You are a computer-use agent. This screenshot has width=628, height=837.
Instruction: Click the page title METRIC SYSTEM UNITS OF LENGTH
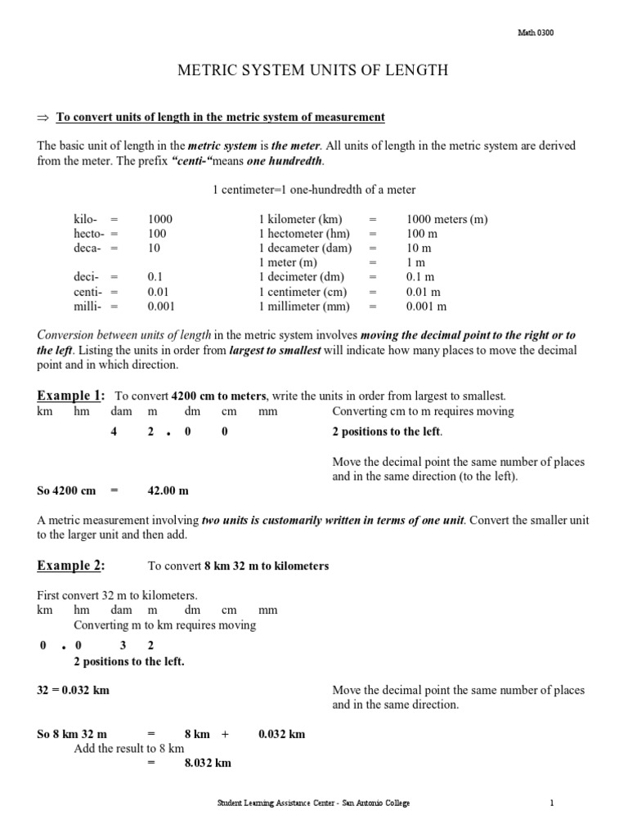pos(313,71)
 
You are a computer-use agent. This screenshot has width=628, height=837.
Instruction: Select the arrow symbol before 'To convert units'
pos(44,118)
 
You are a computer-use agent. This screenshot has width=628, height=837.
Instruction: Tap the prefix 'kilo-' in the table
pos(86,219)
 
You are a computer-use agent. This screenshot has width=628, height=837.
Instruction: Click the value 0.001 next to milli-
pos(161,307)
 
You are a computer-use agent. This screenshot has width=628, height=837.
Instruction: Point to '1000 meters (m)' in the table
pos(446,219)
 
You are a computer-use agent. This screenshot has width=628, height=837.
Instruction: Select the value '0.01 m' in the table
pos(424,292)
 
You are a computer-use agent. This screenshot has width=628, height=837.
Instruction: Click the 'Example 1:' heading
pos(70,396)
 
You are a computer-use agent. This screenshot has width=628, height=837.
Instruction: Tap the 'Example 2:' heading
pos(70,566)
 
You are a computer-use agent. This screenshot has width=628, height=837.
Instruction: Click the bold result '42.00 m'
pos(168,490)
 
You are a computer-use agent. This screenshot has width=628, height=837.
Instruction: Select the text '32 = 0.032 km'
pos(74,690)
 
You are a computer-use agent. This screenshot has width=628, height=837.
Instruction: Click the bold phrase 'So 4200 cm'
pos(67,490)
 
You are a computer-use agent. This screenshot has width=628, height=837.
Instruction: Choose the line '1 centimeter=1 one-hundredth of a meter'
pos(314,190)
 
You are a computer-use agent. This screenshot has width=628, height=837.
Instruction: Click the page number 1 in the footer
pos(553,803)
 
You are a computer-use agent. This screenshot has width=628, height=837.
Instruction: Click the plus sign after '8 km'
pos(225,734)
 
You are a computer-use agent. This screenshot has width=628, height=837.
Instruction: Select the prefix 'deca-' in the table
pos(87,248)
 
